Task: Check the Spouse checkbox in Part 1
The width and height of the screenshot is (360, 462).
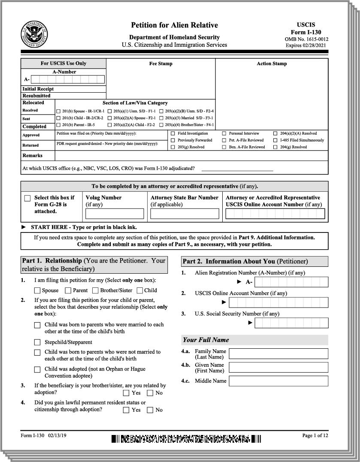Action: click(38, 290)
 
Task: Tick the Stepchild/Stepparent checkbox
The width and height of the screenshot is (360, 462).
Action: click(38, 342)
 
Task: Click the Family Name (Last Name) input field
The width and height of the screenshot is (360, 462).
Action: click(279, 353)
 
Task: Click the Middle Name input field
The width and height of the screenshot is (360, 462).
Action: click(279, 380)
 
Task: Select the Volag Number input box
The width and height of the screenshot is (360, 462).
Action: click(115, 214)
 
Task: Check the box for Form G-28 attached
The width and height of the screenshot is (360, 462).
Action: click(27, 198)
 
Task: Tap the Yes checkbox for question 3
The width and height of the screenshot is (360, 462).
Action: click(126, 393)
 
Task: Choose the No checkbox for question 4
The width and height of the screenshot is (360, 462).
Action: click(150, 410)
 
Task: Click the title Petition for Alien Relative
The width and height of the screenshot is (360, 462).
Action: click(174, 25)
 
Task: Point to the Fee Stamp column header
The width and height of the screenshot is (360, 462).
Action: click(160, 63)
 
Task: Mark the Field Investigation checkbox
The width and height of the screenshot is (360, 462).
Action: click(173, 133)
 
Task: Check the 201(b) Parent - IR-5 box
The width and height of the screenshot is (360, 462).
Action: click(58, 125)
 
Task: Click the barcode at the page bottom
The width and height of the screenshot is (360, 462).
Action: click(186, 438)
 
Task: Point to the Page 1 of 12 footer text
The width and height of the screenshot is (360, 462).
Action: click(315, 436)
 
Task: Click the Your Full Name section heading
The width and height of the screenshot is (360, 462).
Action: click(206, 340)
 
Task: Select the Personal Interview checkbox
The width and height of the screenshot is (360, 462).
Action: click(224, 133)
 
